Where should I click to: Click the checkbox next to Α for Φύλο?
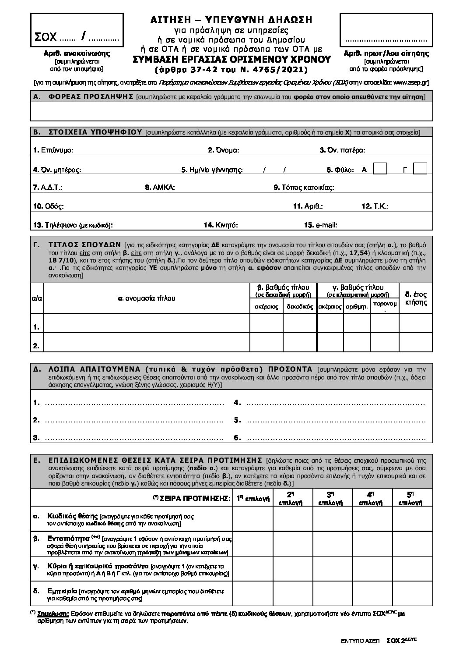(380, 169)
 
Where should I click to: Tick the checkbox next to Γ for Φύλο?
(420, 169)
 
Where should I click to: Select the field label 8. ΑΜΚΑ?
(160, 188)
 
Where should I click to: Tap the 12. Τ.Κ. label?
(375, 206)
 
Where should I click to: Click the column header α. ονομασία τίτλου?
(147, 298)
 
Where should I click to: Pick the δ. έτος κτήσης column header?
(416, 298)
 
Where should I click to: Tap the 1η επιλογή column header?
(253, 498)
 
